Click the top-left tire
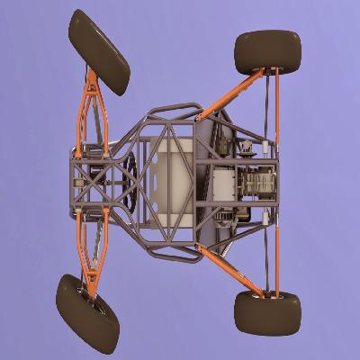coord(99,51)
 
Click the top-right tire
coord(267,51)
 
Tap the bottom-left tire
coord(86,313)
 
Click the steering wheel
coord(131,181)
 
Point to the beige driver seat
coord(171,180)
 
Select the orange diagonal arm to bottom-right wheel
coord(229,268)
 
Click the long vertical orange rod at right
coord(277,180)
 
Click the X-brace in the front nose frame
coord(90,180)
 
